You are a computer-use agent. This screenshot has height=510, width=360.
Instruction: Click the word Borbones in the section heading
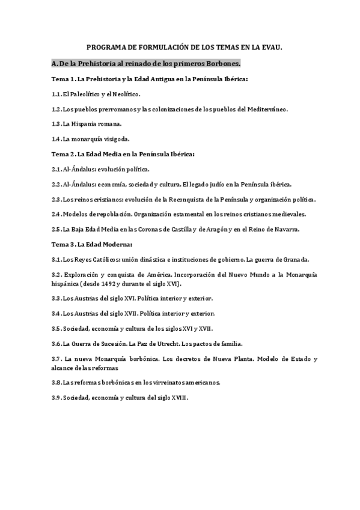219,63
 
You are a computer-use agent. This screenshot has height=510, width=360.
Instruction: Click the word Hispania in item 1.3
83,124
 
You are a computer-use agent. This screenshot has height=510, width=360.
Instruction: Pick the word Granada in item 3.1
293,259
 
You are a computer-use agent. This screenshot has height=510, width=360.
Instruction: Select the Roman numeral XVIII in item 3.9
179,398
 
